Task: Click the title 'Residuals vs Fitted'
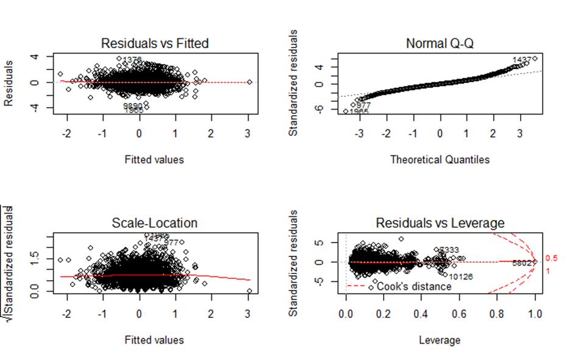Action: [x=155, y=43]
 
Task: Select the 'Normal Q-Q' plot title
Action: [x=439, y=43]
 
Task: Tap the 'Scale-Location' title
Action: [x=155, y=223]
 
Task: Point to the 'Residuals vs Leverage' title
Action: [x=440, y=223]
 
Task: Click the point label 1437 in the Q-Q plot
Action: [x=522, y=60]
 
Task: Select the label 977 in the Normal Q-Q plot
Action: [x=363, y=105]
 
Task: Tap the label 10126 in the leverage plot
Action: [x=460, y=277]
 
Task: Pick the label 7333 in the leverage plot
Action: [x=449, y=250]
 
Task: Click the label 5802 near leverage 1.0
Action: [x=522, y=263]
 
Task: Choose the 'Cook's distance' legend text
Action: [x=414, y=286]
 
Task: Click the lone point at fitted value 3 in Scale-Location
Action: [x=249, y=291]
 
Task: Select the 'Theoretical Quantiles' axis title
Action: [x=439, y=160]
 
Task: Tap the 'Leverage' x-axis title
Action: [x=439, y=340]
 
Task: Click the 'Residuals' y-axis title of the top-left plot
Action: [x=9, y=82]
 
